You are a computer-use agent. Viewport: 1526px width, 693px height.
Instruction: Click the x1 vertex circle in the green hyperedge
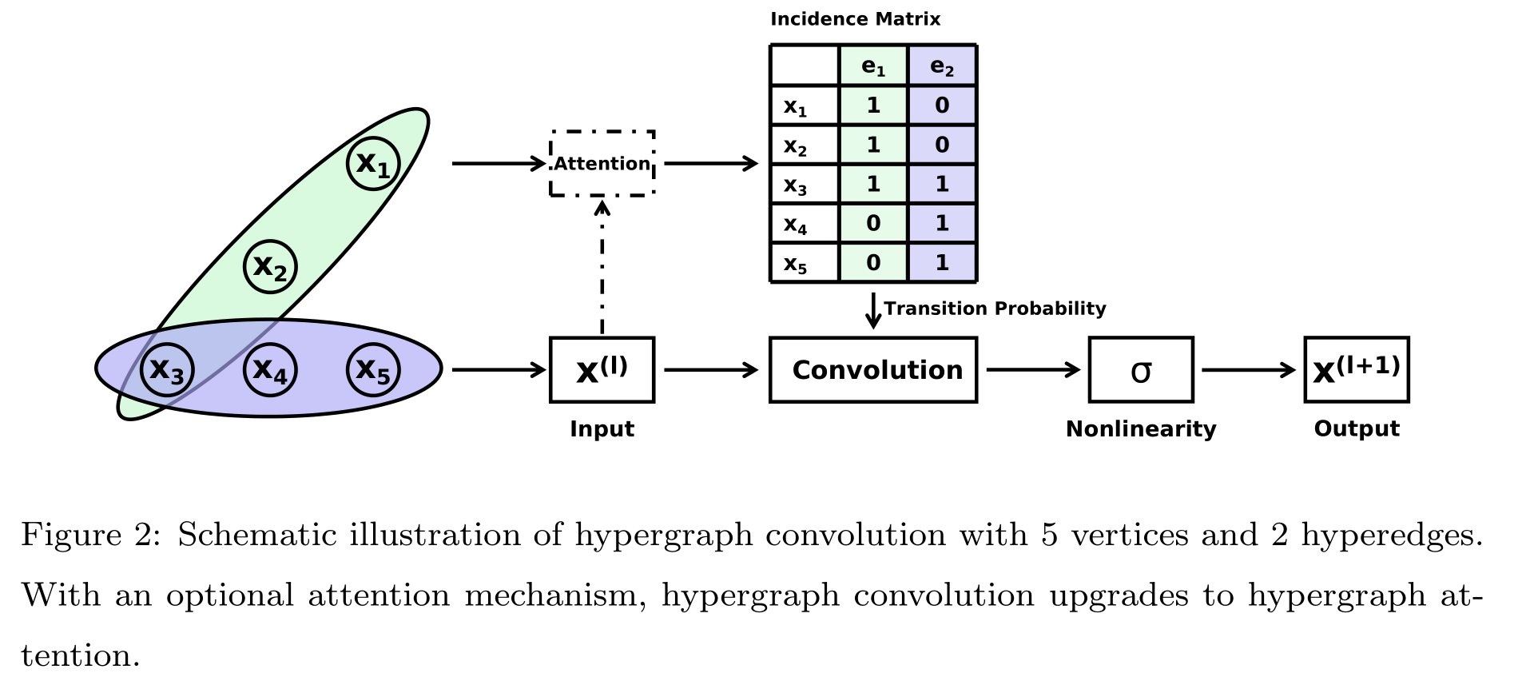coord(373,164)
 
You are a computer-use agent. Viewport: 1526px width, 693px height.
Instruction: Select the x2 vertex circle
coord(270,266)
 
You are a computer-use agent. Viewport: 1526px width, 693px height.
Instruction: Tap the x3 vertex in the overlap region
coord(167,369)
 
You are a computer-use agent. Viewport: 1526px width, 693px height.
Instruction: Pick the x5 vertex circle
coord(373,369)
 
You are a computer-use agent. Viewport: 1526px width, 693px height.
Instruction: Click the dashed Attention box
coord(602,163)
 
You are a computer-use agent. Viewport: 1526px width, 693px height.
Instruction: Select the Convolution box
coord(873,369)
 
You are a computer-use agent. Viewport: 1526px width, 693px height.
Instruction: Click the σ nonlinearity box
coord(1141,369)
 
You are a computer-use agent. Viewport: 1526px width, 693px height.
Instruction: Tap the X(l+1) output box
coord(1357,369)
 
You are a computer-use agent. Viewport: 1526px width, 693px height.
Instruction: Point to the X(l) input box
coord(602,369)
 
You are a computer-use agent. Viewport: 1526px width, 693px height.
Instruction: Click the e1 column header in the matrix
coord(873,66)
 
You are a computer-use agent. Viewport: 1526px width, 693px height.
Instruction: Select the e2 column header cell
coord(942,66)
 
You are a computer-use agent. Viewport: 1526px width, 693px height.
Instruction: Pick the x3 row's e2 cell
coord(942,184)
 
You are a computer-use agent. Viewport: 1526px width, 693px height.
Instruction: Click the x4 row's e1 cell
coord(873,223)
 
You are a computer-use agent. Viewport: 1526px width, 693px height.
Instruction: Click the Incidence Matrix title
coord(855,19)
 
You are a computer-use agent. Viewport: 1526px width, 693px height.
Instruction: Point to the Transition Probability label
coord(995,309)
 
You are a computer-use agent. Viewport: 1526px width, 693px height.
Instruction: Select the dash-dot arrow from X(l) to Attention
coord(602,268)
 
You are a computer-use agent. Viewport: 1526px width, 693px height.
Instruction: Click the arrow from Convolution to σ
coord(1032,369)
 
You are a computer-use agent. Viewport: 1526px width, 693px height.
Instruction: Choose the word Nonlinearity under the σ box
coord(1141,429)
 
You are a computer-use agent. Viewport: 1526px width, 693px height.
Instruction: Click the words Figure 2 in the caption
coord(89,535)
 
